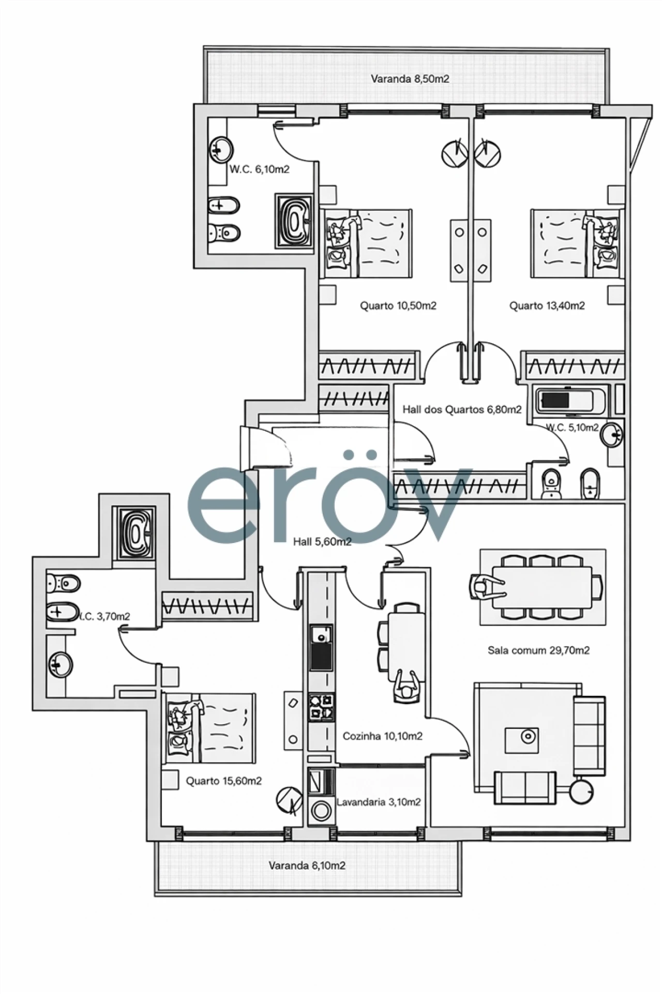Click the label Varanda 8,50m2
click(x=410, y=79)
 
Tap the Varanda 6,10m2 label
click(x=307, y=865)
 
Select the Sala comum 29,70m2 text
click(x=538, y=650)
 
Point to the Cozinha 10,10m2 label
click(x=382, y=736)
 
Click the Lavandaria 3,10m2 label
click(x=378, y=802)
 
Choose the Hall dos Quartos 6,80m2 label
click(x=462, y=410)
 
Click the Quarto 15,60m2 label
click(x=223, y=781)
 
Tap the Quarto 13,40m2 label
click(x=547, y=305)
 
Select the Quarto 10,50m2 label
click(x=398, y=305)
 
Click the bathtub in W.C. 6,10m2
click(x=294, y=221)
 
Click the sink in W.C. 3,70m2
click(x=61, y=665)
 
